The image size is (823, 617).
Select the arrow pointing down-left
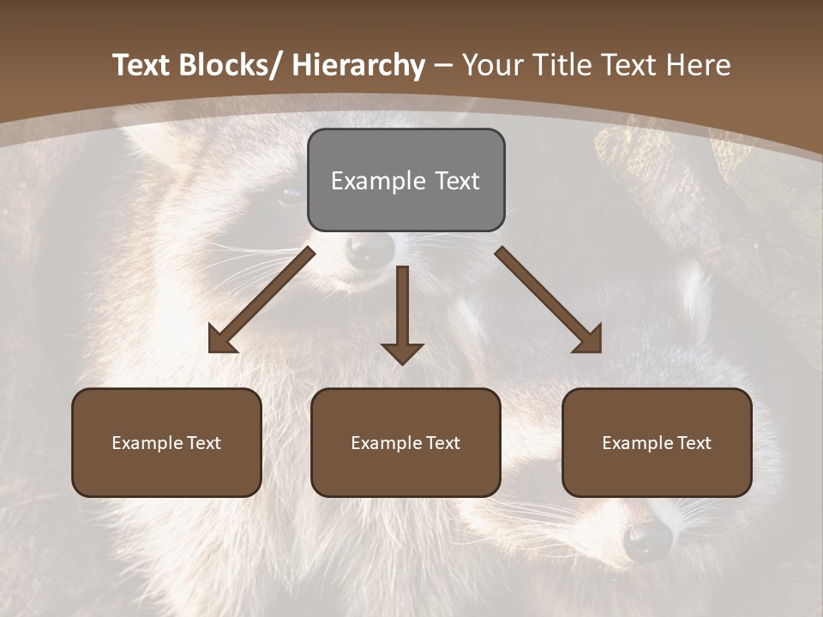click(x=261, y=300)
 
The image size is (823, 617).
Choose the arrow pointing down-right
click(x=549, y=300)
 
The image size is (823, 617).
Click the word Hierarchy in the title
click(x=357, y=65)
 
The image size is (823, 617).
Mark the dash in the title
click(x=443, y=66)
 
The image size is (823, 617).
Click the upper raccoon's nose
click(x=370, y=249)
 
